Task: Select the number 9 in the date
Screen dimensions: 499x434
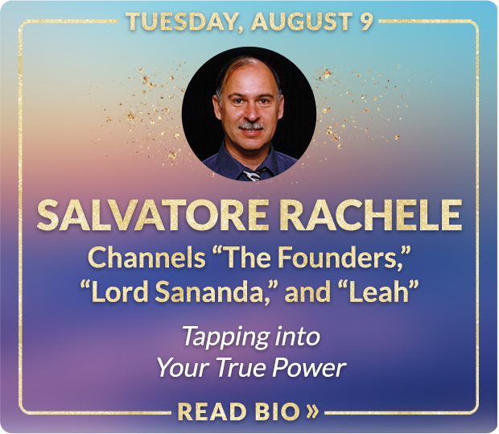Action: click(x=366, y=21)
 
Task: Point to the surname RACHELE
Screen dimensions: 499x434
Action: click(x=372, y=215)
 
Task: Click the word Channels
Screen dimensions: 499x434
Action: click(x=146, y=258)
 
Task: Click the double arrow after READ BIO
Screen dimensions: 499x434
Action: click(x=312, y=412)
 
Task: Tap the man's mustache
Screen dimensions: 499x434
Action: click(x=251, y=126)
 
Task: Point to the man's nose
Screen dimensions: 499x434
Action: click(x=250, y=113)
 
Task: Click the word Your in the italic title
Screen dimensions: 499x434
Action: click(x=183, y=368)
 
